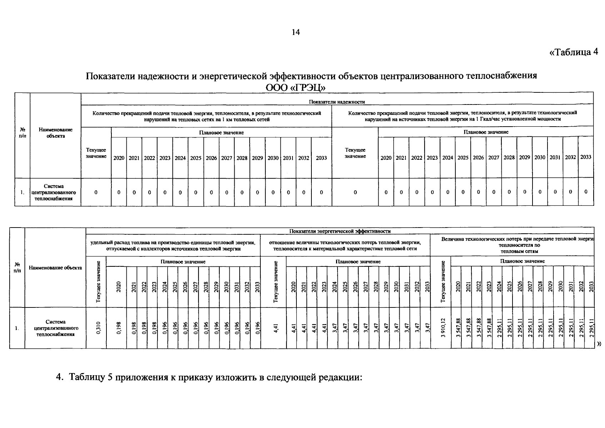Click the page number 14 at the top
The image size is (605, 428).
tap(296, 32)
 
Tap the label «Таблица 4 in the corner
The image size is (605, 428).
tap(573, 52)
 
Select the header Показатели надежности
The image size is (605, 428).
tap(337, 102)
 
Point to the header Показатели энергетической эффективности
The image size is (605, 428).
tap(340, 231)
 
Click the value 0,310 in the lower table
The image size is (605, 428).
tap(99, 328)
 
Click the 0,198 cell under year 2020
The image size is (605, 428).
tap(119, 328)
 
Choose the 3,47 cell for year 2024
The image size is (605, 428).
tap(335, 328)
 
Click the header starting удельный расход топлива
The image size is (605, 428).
tap(173, 246)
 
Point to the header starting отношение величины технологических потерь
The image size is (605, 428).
tap(345, 246)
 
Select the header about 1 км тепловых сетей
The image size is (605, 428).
tap(206, 116)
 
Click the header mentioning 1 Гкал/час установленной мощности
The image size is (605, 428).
tap(462, 116)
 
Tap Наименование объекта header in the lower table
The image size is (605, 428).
tap(55, 268)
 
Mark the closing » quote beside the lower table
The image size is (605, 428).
tap(599, 344)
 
